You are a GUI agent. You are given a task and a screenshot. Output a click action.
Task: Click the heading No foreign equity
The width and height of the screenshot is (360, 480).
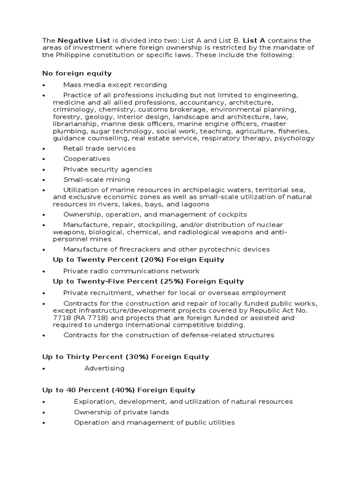click(x=77, y=74)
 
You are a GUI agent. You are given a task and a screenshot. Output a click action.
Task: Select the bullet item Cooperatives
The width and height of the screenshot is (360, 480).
click(x=86, y=159)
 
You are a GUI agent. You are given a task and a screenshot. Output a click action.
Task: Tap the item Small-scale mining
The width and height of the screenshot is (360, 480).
click(x=97, y=180)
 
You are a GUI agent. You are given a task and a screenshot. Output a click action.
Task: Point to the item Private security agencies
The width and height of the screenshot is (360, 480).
click(x=107, y=169)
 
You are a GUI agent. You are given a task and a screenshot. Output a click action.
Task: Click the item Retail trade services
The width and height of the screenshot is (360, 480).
click(x=99, y=149)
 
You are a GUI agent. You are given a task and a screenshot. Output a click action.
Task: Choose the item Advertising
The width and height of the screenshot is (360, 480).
click(x=105, y=368)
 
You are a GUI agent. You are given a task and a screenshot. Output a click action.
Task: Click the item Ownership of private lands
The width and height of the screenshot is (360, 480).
click(x=121, y=412)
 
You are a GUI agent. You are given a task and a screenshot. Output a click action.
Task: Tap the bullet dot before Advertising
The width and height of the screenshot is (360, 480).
click(x=43, y=369)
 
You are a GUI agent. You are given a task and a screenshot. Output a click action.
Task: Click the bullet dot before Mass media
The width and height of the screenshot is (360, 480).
click(x=43, y=85)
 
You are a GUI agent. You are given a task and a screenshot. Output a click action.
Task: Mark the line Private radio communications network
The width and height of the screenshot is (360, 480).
click(x=131, y=271)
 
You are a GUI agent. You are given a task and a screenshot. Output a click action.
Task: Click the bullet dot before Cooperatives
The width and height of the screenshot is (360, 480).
click(x=43, y=159)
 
